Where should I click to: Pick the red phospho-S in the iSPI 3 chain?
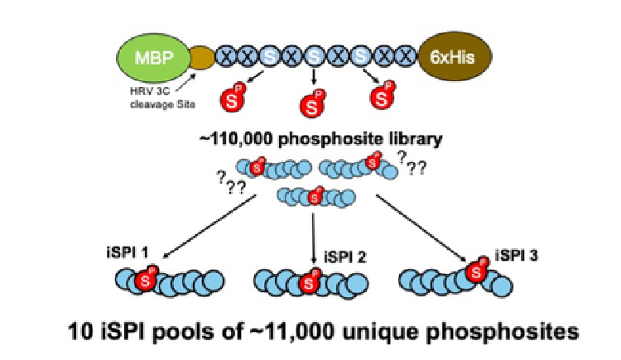click(x=476, y=271)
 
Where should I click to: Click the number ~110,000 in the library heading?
click(x=240, y=140)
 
